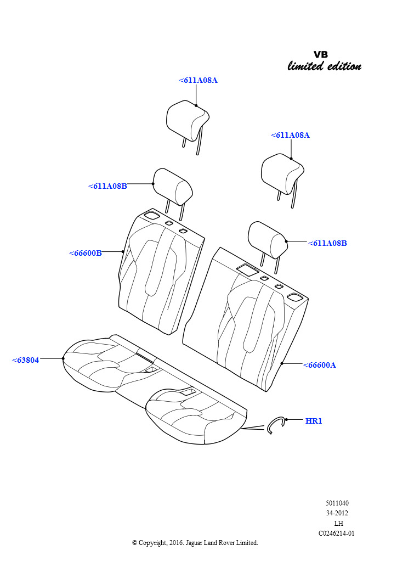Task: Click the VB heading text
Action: [x=320, y=54]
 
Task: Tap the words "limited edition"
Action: [x=324, y=66]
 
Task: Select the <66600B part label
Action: [x=85, y=253]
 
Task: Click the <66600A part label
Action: [x=319, y=365]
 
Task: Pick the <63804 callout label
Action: [x=25, y=360]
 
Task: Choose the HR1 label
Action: [x=314, y=421]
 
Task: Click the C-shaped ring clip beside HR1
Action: [x=275, y=425]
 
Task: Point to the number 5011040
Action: [x=337, y=503]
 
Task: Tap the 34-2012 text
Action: [x=337, y=513]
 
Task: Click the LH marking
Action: [x=338, y=523]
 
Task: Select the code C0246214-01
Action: [x=337, y=533]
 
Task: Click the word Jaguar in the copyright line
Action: [x=194, y=543]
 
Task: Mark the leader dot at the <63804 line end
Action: [x=63, y=358]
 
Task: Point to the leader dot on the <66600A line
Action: [x=282, y=363]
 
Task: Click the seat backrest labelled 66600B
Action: [x=161, y=272]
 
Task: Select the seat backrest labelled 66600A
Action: [x=246, y=319]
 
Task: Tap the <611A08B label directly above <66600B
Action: [x=107, y=186]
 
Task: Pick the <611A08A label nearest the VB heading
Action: [x=290, y=135]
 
